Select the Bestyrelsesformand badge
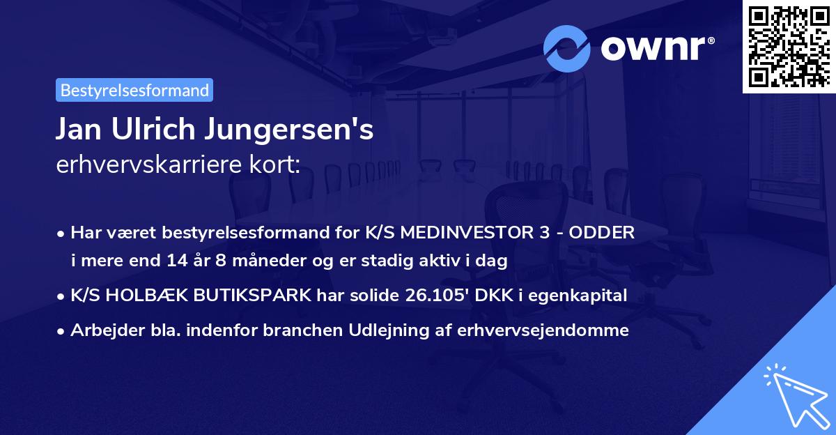[134, 90]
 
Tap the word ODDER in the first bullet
[603, 233]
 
